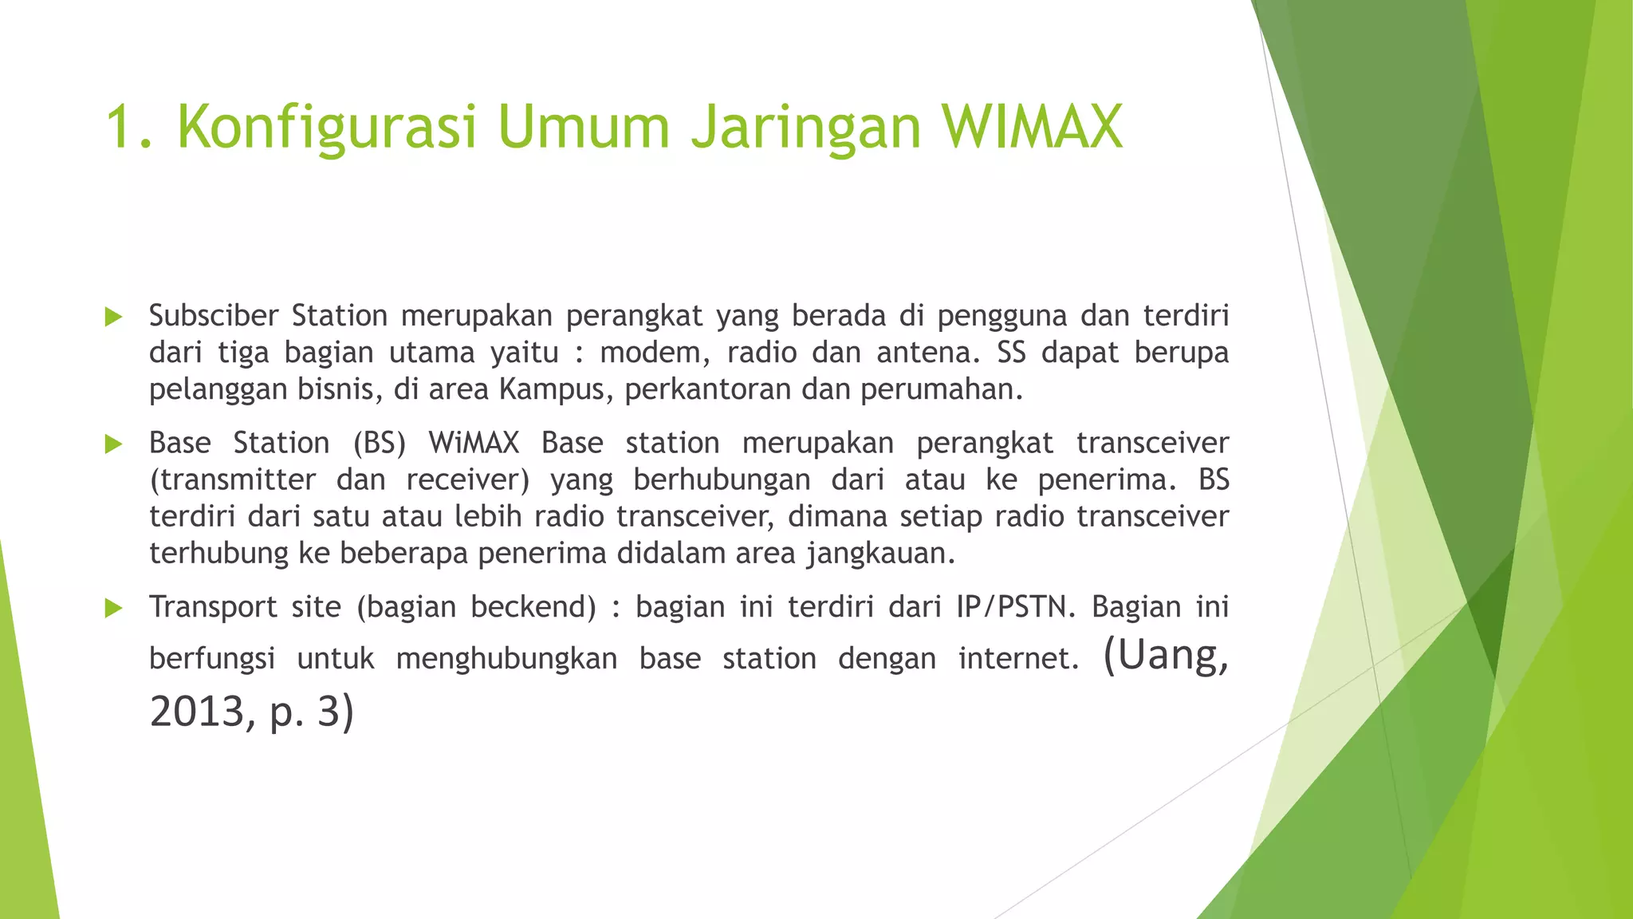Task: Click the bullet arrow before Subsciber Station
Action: [x=113, y=318]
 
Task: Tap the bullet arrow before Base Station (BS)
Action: [x=113, y=444]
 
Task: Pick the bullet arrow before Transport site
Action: [x=113, y=609]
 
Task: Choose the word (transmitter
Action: [x=232, y=479]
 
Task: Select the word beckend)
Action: [x=533, y=607]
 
